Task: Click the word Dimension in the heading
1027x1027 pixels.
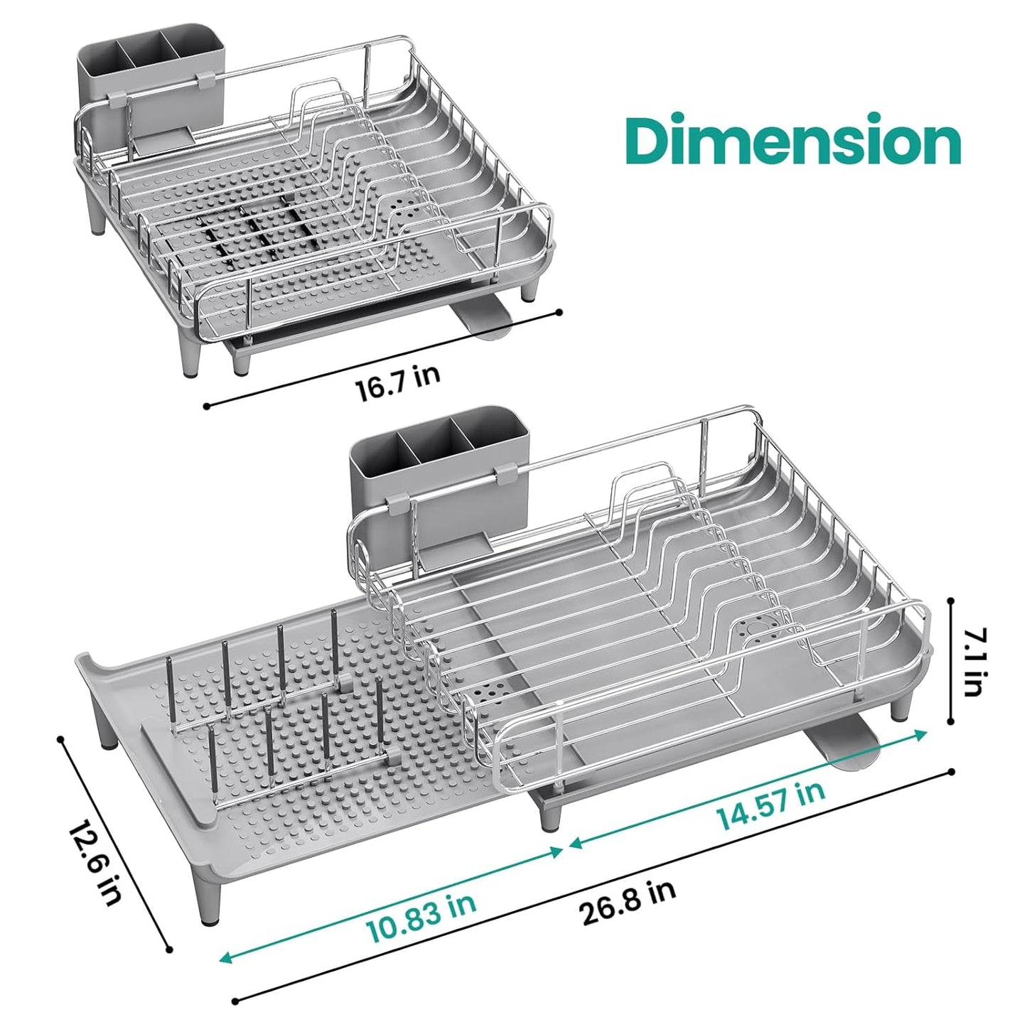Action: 795,141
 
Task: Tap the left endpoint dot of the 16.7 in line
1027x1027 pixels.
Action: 206,407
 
